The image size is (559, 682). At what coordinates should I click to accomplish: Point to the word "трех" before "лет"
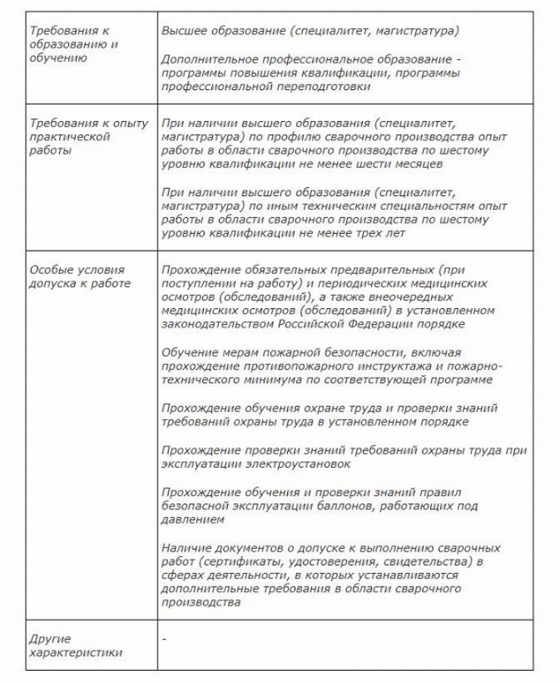[x=376, y=233]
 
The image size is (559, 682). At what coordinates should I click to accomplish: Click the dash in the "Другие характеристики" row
[x=164, y=638]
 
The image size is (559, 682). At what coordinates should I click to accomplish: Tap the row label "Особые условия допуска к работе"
[x=79, y=276]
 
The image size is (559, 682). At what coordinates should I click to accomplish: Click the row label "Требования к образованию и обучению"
[x=68, y=45]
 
